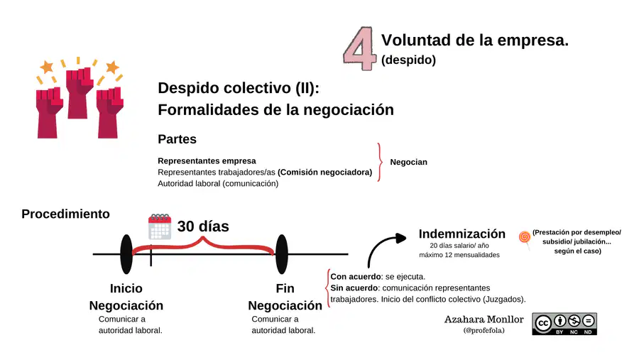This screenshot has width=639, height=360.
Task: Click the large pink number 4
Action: coord(359,48)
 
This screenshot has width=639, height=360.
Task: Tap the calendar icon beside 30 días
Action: coord(160,227)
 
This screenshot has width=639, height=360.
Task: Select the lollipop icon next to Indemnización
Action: coord(525,239)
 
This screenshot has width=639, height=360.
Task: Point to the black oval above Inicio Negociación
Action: coord(126,254)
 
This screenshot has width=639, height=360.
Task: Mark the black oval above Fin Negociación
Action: coord(282,254)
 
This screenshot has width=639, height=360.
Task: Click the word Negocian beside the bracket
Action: coord(409,162)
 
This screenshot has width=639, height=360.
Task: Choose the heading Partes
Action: coord(177,139)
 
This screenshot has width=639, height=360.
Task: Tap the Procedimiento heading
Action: coord(65,214)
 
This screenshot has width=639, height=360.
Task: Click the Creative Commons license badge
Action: coord(564,324)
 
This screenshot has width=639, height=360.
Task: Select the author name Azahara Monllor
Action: coord(484,320)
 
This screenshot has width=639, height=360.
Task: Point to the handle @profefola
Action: coord(484,330)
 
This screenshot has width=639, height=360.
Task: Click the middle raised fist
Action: coord(79,92)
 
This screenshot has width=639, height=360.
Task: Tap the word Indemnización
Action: coord(462,234)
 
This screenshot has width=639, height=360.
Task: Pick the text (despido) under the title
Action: coord(408,60)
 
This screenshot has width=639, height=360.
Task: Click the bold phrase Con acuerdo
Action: coord(356,276)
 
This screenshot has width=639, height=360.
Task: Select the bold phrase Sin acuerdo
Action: coord(354,288)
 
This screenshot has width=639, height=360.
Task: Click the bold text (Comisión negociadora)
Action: coord(324,173)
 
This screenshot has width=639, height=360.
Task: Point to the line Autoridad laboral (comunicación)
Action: coord(218,184)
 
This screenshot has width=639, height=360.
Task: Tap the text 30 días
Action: coord(203,227)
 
